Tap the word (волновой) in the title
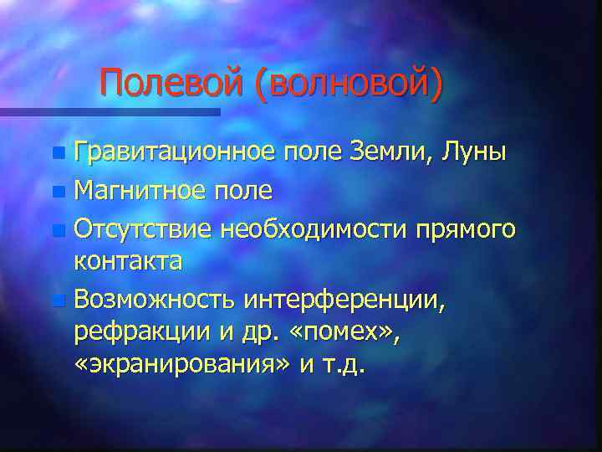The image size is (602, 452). pos(349,85)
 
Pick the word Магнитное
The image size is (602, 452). pos(145,190)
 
